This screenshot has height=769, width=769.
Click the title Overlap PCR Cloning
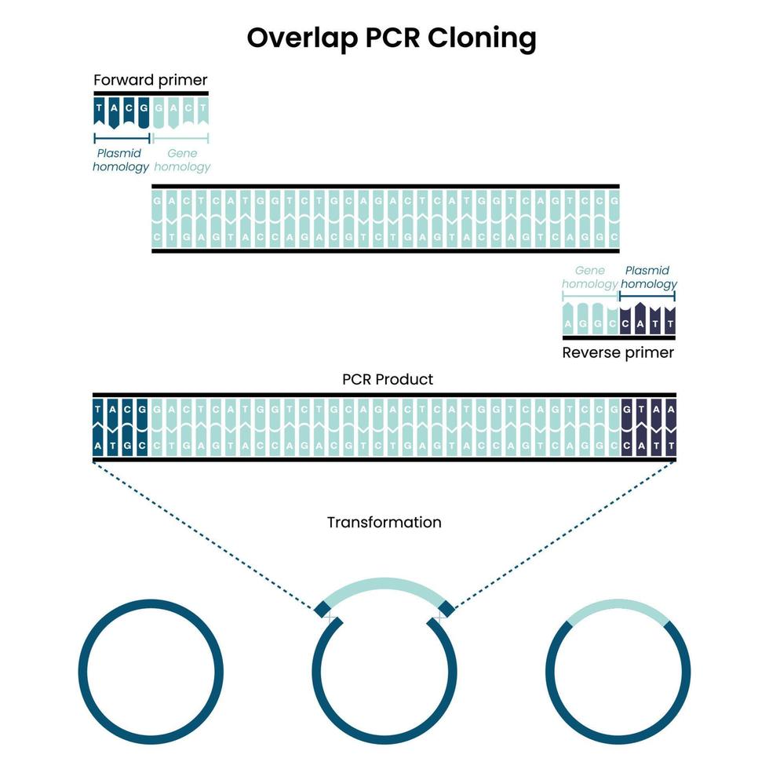[392, 38]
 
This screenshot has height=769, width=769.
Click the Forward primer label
[150, 80]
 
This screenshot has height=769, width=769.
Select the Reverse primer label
[618, 353]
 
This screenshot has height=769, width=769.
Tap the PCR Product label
[388, 379]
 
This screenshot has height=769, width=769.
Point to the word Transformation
[384, 522]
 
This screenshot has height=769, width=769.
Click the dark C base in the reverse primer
[626, 322]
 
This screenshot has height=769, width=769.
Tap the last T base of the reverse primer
[669, 322]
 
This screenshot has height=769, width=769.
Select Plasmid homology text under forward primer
[120, 160]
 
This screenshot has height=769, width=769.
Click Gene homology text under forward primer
[182, 160]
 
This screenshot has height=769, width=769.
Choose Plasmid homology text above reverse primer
[648, 277]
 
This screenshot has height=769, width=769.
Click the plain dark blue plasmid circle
[151, 672]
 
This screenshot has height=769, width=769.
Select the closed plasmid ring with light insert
[618, 672]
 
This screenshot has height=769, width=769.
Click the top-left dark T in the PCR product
[99, 409]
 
